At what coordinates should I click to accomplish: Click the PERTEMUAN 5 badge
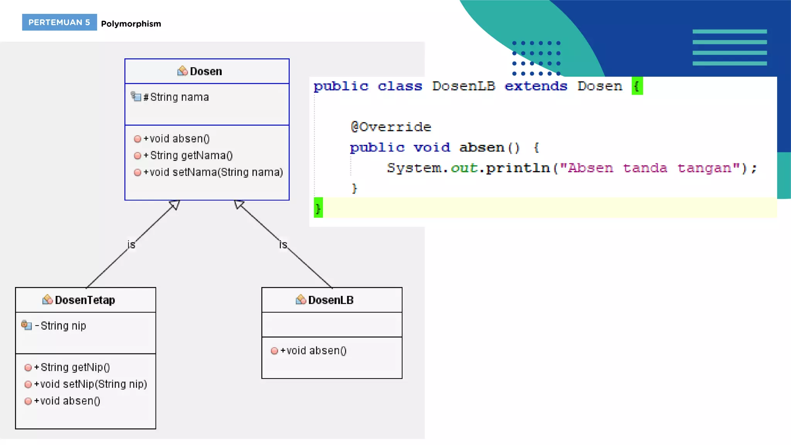pos(59,22)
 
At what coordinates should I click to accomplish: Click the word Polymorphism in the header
pos(131,24)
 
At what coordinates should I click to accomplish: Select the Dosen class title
pos(205,71)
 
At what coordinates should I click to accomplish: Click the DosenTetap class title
pos(85,300)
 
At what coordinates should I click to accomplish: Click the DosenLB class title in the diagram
pos(331,300)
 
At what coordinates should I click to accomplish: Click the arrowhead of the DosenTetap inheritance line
pos(175,204)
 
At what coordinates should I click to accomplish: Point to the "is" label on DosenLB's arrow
pos(283,245)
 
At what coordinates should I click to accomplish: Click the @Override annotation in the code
pos(391,127)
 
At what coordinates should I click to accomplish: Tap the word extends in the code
pos(536,86)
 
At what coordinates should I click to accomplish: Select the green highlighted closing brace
pos(318,208)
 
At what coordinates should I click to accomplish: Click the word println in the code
pos(518,168)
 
